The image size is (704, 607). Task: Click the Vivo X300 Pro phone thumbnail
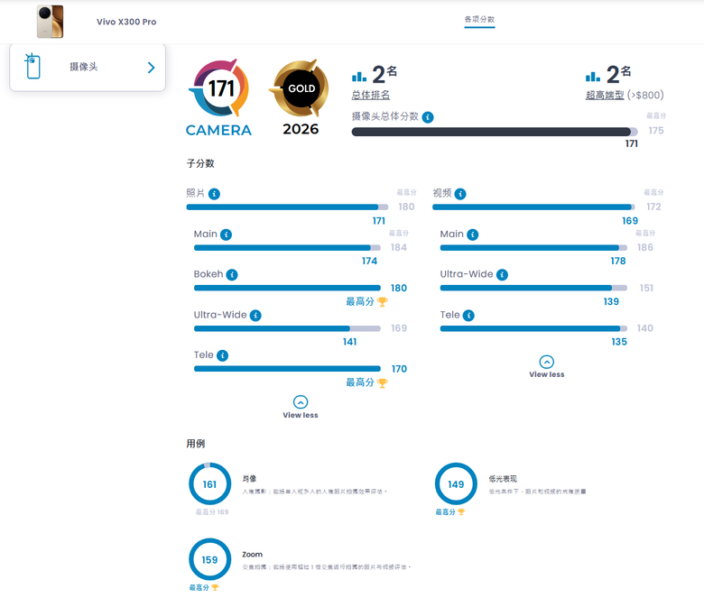[50, 22]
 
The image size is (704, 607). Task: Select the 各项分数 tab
[479, 19]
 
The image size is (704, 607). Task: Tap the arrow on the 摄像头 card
[151, 68]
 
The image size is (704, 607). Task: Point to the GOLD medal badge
[301, 90]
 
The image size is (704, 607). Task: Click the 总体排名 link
[371, 96]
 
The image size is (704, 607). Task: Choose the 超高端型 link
[605, 96]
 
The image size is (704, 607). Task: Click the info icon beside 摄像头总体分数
[428, 117]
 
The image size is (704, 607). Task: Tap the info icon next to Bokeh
[232, 274]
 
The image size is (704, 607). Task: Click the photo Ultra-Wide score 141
[349, 342]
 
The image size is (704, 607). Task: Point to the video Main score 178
[617, 262]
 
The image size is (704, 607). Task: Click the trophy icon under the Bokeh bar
[382, 302]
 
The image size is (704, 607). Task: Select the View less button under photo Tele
[301, 407]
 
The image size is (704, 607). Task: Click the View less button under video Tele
[546, 366]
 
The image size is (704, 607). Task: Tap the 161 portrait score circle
[209, 484]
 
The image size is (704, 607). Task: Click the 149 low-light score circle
[456, 484]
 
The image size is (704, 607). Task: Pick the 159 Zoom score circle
[209, 559]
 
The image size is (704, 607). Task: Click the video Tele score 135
[619, 342]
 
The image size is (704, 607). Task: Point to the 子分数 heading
[200, 163]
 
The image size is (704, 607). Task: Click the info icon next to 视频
[460, 194]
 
